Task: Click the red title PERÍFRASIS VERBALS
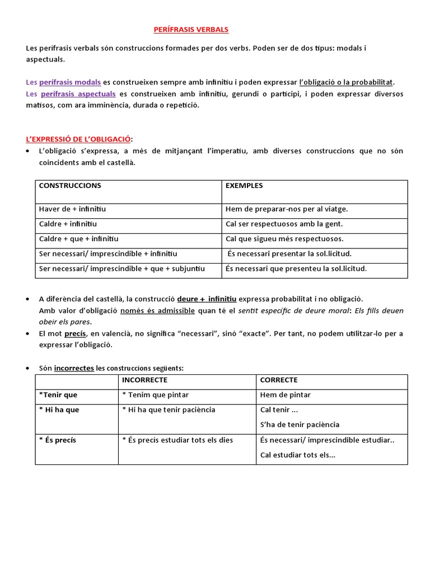point(191,30)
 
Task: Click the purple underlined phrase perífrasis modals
point(70,82)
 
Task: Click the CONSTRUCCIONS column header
point(70,186)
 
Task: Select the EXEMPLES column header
point(244,186)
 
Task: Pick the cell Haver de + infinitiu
point(72,209)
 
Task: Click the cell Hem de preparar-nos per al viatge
point(287,209)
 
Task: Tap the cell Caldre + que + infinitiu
point(78,239)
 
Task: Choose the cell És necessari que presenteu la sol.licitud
point(296,269)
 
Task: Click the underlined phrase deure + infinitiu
point(207,299)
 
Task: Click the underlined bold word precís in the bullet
point(75,334)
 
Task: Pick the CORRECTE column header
point(279,380)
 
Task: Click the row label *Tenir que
point(58,395)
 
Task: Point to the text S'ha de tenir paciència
point(300,425)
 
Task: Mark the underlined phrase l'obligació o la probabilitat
point(347,82)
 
